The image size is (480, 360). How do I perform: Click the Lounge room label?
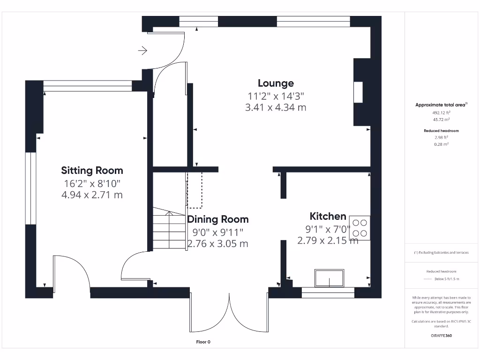point(276,83)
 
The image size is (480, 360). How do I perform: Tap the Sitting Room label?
point(92,170)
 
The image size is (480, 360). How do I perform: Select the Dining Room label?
point(218,219)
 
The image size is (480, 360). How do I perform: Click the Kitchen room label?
point(328,216)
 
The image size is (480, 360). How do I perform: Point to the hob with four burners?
point(360,228)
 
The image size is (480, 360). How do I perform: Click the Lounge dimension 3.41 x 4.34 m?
point(276,107)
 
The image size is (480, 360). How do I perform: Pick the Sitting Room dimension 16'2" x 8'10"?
point(92,183)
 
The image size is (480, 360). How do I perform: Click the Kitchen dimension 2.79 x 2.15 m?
point(328,240)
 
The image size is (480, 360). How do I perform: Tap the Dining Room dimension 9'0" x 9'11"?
point(218,232)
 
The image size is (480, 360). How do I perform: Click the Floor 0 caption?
point(203,342)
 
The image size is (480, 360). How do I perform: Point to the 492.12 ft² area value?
point(441,112)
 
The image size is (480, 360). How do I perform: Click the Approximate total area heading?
point(440,105)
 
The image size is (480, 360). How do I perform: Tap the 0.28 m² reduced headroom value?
point(441,144)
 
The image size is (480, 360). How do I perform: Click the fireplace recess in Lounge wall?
point(358,92)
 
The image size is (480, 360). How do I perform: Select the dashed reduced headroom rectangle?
point(195,190)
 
